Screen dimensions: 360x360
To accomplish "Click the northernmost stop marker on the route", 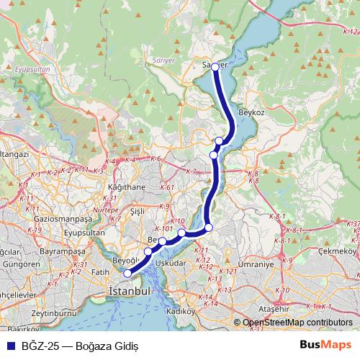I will point(215,66).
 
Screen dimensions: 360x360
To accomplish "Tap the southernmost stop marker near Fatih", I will point(127,273).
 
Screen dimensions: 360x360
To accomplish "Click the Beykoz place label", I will point(252,114).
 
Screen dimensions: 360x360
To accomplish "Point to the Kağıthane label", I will point(126,186).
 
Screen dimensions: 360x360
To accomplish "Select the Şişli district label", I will point(132,211).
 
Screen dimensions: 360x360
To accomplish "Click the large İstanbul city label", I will point(130,292).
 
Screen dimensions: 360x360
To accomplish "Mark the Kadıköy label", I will point(181,312).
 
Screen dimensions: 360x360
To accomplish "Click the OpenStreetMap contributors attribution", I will point(297,323).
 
